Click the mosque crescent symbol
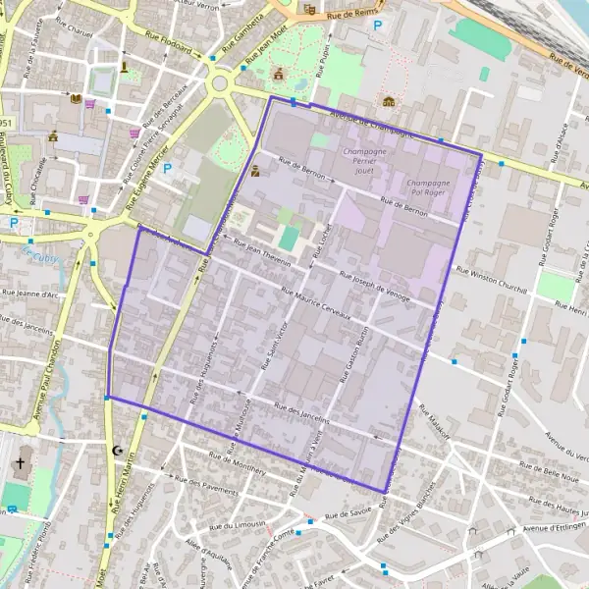[x=120, y=451]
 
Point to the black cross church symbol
[x=20, y=463]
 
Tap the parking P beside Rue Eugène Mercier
[x=167, y=168]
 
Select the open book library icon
[x=75, y=98]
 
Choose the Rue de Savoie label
[x=348, y=512]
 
